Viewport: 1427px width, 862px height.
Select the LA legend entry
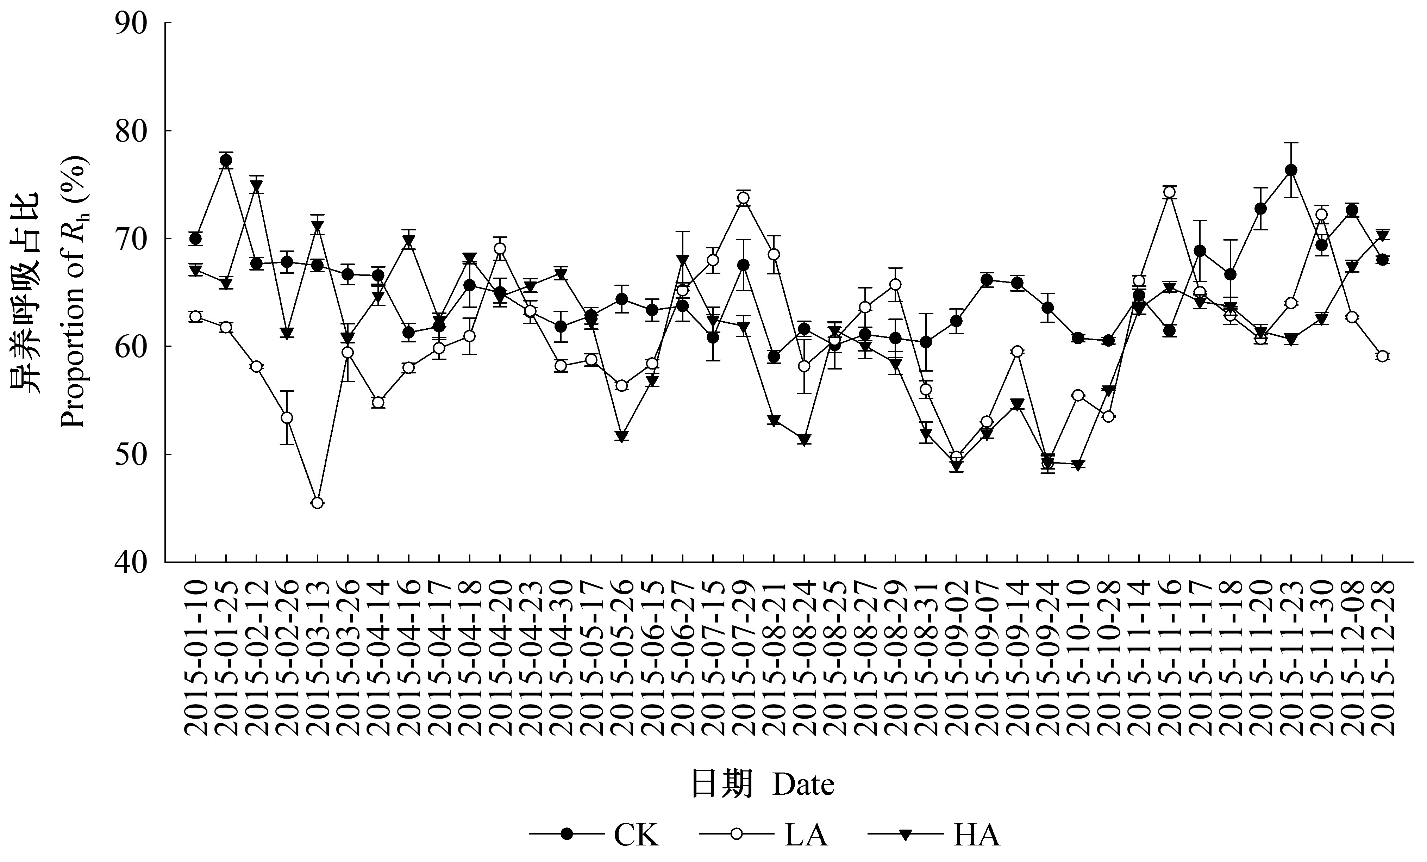[x=764, y=835]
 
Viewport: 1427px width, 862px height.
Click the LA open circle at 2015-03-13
[x=317, y=503]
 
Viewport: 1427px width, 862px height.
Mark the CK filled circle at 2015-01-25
[x=226, y=161]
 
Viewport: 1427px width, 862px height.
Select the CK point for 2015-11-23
[x=1291, y=170]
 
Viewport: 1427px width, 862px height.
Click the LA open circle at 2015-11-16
[x=1169, y=192]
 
